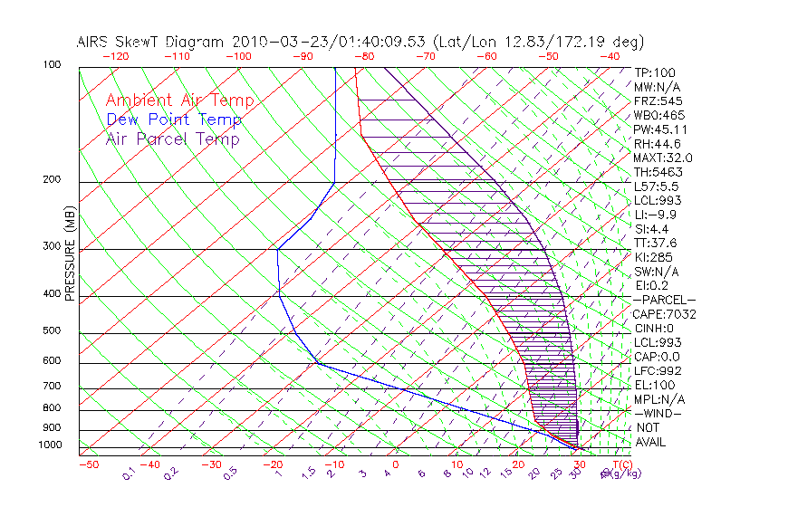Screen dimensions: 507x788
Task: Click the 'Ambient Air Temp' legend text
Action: pyautogui.click(x=180, y=100)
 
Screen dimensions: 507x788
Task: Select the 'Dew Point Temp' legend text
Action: pyautogui.click(x=174, y=120)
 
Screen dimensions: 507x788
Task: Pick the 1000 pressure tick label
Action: pyautogui.click(x=52, y=445)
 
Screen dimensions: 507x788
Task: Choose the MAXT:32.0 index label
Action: pyautogui.click(x=662, y=158)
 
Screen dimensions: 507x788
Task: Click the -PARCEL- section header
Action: pyautogui.click(x=664, y=300)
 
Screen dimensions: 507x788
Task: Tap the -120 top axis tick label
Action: pyautogui.click(x=115, y=55)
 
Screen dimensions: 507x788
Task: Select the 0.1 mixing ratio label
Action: pyautogui.click(x=130, y=473)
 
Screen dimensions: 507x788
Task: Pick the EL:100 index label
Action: pyautogui.click(x=654, y=385)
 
